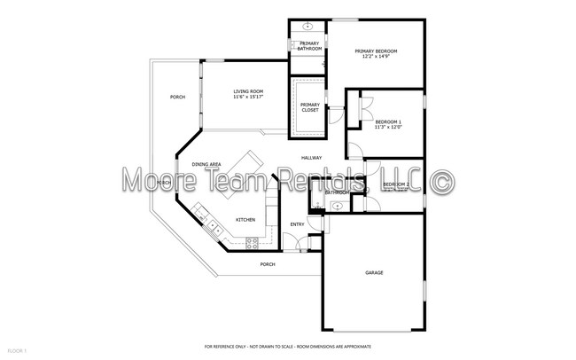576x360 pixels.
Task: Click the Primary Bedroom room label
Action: click(x=376, y=51)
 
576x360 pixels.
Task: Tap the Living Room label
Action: click(x=248, y=91)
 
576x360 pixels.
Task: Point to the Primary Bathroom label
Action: click(x=309, y=46)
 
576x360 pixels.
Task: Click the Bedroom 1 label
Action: click(x=387, y=121)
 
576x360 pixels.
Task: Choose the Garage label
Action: click(x=374, y=272)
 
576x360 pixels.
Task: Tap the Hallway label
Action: click(x=311, y=158)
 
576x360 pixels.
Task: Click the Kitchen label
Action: click(x=245, y=219)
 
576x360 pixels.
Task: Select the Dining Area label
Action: click(x=207, y=164)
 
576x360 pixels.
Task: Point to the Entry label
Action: click(x=298, y=224)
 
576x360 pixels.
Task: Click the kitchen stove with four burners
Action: click(x=253, y=241)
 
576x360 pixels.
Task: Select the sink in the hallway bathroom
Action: click(x=336, y=206)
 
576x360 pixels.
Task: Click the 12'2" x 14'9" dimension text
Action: click(x=376, y=58)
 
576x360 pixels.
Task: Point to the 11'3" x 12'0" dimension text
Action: click(x=387, y=128)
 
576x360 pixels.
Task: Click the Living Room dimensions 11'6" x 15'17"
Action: click(x=248, y=98)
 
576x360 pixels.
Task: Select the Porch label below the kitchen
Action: click(x=267, y=264)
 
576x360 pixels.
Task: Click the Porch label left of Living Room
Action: click(x=178, y=97)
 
